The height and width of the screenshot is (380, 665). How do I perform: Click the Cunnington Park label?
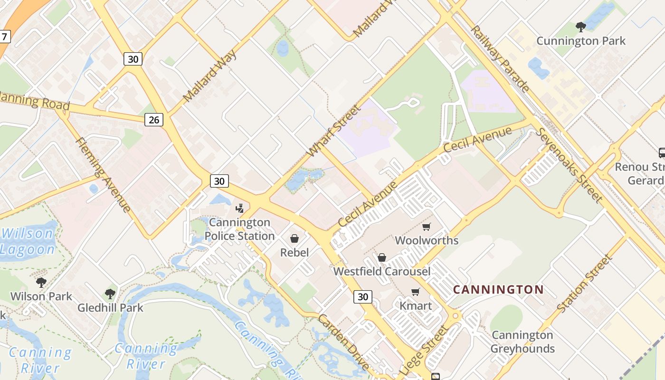[580, 41]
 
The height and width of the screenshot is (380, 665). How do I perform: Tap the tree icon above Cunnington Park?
[580, 27]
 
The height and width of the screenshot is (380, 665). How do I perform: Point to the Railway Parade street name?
[500, 58]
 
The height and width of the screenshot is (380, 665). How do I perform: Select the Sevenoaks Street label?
[569, 164]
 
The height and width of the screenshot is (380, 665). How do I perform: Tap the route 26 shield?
[154, 119]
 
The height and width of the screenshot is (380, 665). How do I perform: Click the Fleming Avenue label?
[103, 174]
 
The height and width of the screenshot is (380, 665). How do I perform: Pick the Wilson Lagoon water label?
[28, 241]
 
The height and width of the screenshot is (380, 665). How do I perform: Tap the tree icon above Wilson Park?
[41, 283]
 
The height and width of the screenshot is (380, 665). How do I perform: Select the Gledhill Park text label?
[110, 307]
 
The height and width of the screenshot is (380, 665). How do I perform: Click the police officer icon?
[240, 208]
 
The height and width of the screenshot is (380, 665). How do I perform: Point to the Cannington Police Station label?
[239, 229]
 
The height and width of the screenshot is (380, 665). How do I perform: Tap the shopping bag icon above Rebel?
[294, 238]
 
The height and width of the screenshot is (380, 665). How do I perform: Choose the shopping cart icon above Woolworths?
[427, 227]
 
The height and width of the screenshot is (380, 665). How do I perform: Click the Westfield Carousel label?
[382, 271]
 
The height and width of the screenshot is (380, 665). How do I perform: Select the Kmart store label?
[416, 305]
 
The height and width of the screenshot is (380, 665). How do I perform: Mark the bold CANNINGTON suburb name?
[498, 289]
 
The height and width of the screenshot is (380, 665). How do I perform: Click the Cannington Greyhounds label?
[522, 342]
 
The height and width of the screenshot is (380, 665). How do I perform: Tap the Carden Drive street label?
[343, 342]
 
